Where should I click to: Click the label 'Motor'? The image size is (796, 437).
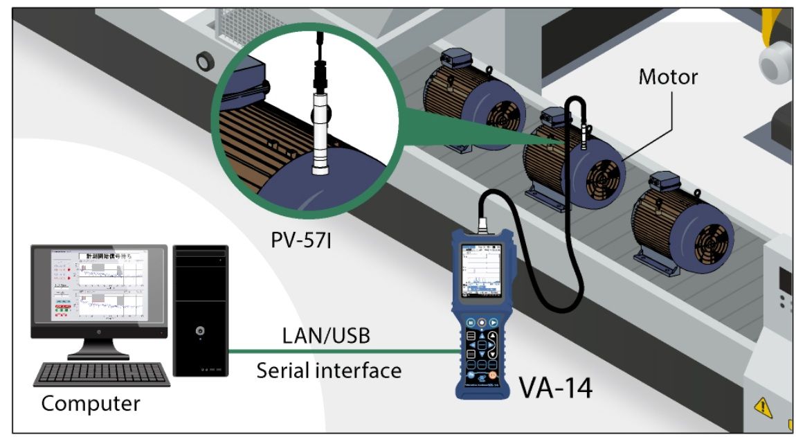668,76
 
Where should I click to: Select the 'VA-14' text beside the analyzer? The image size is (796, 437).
556,389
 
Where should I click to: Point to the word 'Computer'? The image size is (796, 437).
91,402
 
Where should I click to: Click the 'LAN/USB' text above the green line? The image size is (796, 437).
327,336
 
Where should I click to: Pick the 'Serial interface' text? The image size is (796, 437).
329,370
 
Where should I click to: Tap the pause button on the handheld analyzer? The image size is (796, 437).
470,323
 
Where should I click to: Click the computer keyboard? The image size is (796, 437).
102,375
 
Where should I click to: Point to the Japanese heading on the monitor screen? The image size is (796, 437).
113,256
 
